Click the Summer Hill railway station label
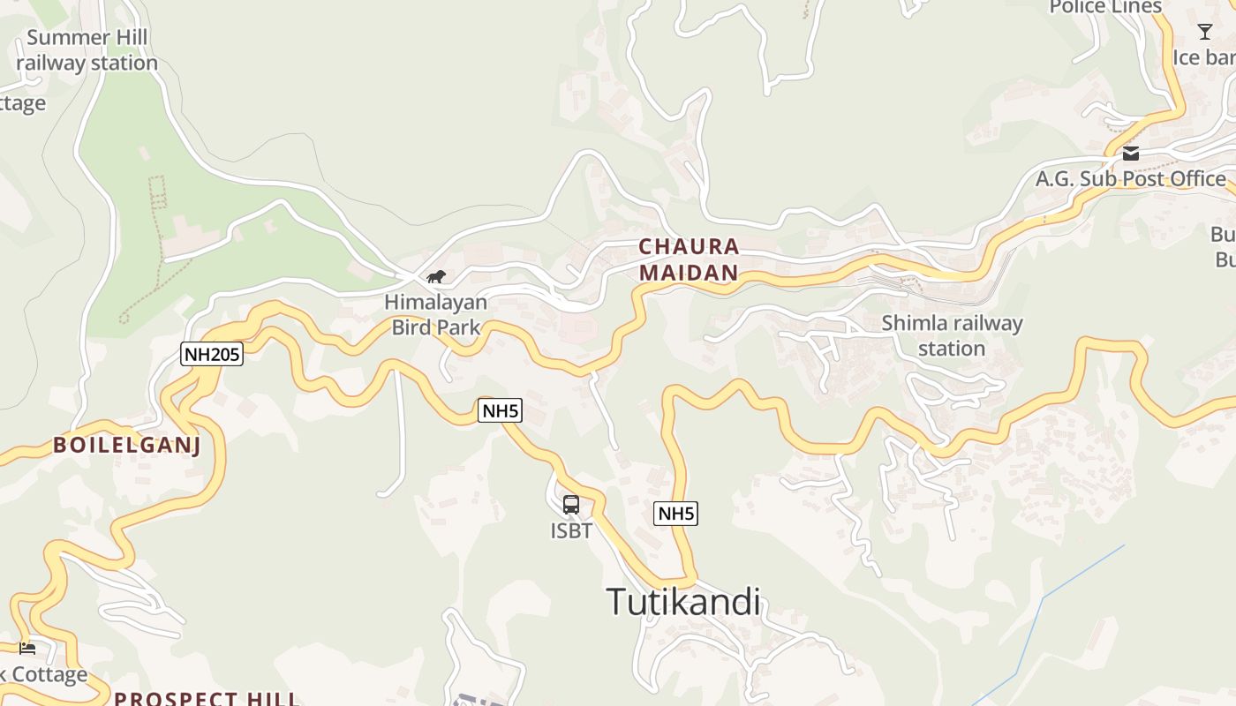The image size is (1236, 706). click(87, 50)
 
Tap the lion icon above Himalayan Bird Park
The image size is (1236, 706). click(436, 277)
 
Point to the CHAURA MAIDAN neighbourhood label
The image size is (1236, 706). click(689, 259)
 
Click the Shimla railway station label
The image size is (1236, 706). click(952, 335)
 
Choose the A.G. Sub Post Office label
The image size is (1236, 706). click(1130, 179)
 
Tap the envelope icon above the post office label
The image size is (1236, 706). click(1131, 154)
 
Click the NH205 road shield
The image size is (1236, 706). click(212, 354)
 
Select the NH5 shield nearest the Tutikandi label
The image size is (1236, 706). click(675, 513)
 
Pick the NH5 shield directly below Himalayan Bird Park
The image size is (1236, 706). click(501, 409)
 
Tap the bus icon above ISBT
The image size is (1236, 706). click(571, 505)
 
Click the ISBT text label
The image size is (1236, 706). click(571, 531)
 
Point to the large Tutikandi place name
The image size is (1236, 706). click(683, 602)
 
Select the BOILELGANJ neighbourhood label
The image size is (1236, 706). click(127, 445)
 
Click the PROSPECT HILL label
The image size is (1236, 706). click(207, 699)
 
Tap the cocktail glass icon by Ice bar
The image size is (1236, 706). click(1205, 33)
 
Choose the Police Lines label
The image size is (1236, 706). click(1105, 7)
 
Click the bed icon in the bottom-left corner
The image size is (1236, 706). click(27, 649)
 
